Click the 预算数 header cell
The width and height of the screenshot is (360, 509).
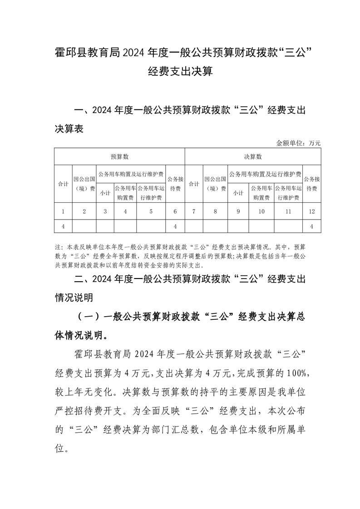(120, 157)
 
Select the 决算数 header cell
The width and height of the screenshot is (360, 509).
(253, 157)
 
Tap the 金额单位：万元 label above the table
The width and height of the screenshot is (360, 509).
(298, 143)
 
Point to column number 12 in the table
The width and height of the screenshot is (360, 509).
(312, 211)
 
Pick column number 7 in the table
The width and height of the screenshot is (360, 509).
(194, 211)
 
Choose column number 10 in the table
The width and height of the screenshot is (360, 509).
(261, 211)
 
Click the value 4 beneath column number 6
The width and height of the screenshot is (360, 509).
(175, 226)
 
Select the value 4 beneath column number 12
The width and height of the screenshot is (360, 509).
(312, 226)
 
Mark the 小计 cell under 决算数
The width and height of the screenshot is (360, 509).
(238, 193)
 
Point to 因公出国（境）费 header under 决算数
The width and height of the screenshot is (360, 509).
(215, 184)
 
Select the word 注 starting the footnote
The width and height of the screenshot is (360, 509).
(57, 248)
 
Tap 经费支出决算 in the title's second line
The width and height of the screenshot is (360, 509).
(180, 72)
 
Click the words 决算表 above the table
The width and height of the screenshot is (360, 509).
(69, 129)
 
